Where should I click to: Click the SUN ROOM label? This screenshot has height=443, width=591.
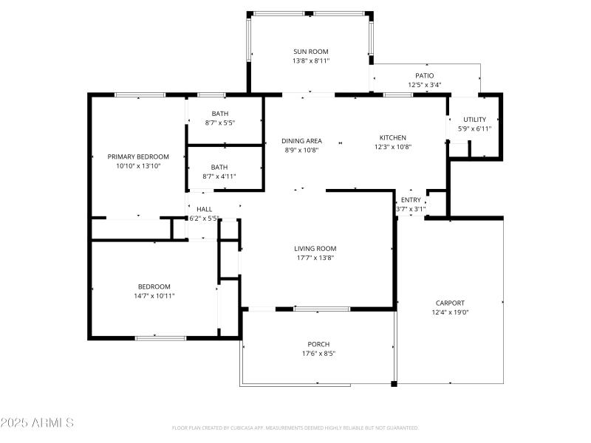pos(310,52)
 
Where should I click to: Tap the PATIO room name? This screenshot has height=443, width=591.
pos(424,75)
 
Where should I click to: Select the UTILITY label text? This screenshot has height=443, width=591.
pos(474,120)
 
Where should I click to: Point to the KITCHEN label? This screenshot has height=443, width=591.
pos(392,137)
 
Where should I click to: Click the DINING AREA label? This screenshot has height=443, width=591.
pos(301,140)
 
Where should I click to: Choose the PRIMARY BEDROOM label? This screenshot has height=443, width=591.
pos(138,157)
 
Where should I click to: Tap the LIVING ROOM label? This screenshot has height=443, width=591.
pos(315,249)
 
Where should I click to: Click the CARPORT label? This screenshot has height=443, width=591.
pos(450,303)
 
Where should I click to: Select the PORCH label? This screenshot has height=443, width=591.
pos(318,344)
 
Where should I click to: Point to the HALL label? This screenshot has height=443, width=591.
pos(204,209)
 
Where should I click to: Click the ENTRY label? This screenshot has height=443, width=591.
pos(411,200)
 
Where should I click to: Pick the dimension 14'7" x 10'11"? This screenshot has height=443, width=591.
pos(154,296)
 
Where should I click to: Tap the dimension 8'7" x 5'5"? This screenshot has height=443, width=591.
pos(219,123)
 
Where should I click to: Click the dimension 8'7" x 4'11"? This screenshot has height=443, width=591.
pos(219,176)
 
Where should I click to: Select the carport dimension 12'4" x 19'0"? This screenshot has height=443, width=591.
pos(450,312)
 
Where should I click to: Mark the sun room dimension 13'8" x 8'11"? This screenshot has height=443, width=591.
pos(310,61)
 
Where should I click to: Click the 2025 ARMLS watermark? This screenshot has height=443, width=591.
pos(37,423)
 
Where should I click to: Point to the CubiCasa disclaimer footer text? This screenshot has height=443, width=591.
pos(295,427)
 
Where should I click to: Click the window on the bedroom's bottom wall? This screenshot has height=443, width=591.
pos(160,337)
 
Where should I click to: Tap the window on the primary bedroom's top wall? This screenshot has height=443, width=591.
pos(140,95)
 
